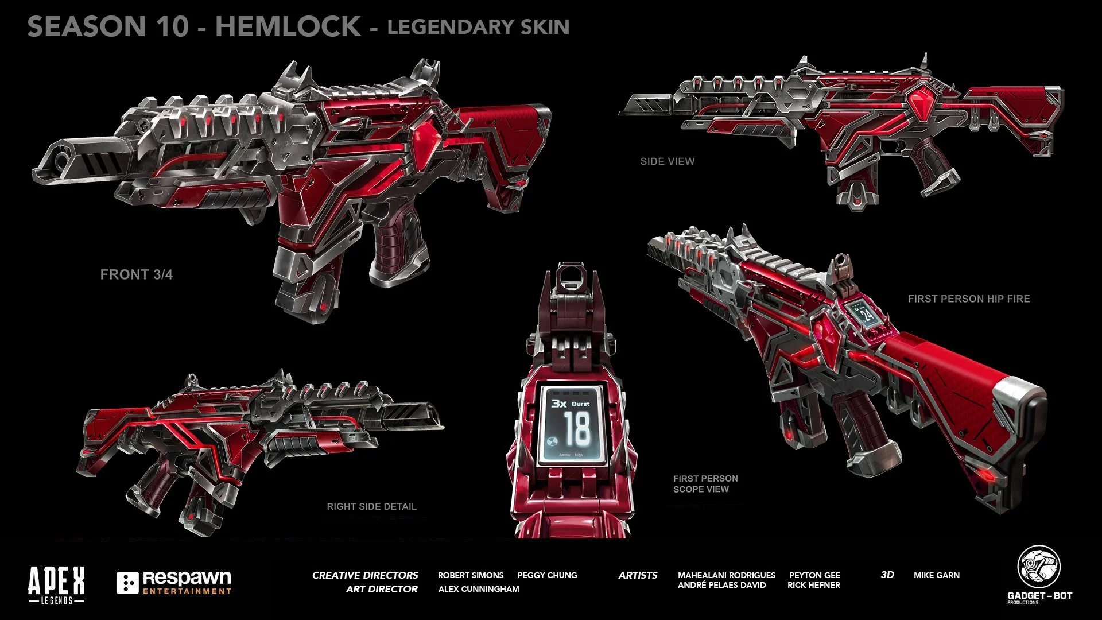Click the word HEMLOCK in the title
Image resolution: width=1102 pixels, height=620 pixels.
pyautogui.click(x=288, y=27)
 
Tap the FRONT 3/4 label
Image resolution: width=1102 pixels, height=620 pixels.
pyautogui.click(x=136, y=274)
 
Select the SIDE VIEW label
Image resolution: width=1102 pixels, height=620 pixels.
pyautogui.click(x=667, y=162)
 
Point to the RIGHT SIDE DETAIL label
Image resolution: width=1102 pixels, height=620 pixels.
pyautogui.click(x=371, y=506)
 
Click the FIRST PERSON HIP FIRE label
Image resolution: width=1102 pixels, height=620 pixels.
pyautogui.click(x=968, y=299)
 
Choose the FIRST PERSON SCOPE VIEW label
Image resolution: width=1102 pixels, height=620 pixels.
pyautogui.click(x=705, y=484)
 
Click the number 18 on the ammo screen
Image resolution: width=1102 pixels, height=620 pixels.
pyautogui.click(x=576, y=429)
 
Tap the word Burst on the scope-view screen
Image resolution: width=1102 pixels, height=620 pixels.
pyautogui.click(x=580, y=404)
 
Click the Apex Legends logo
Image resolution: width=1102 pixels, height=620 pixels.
pyautogui.click(x=56, y=585)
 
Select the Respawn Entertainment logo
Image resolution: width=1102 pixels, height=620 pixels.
pyautogui.click(x=174, y=583)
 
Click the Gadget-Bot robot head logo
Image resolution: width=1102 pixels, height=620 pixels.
pyautogui.click(x=1039, y=567)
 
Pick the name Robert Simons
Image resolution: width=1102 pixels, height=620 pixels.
pyautogui.click(x=470, y=575)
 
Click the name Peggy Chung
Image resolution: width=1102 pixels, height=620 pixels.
pyautogui.click(x=547, y=575)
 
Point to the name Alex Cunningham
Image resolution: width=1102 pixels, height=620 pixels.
pyautogui.click(x=478, y=589)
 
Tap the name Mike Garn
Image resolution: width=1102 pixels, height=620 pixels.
pyautogui.click(x=936, y=575)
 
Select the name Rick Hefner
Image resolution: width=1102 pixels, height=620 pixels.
pyautogui.click(x=813, y=585)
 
